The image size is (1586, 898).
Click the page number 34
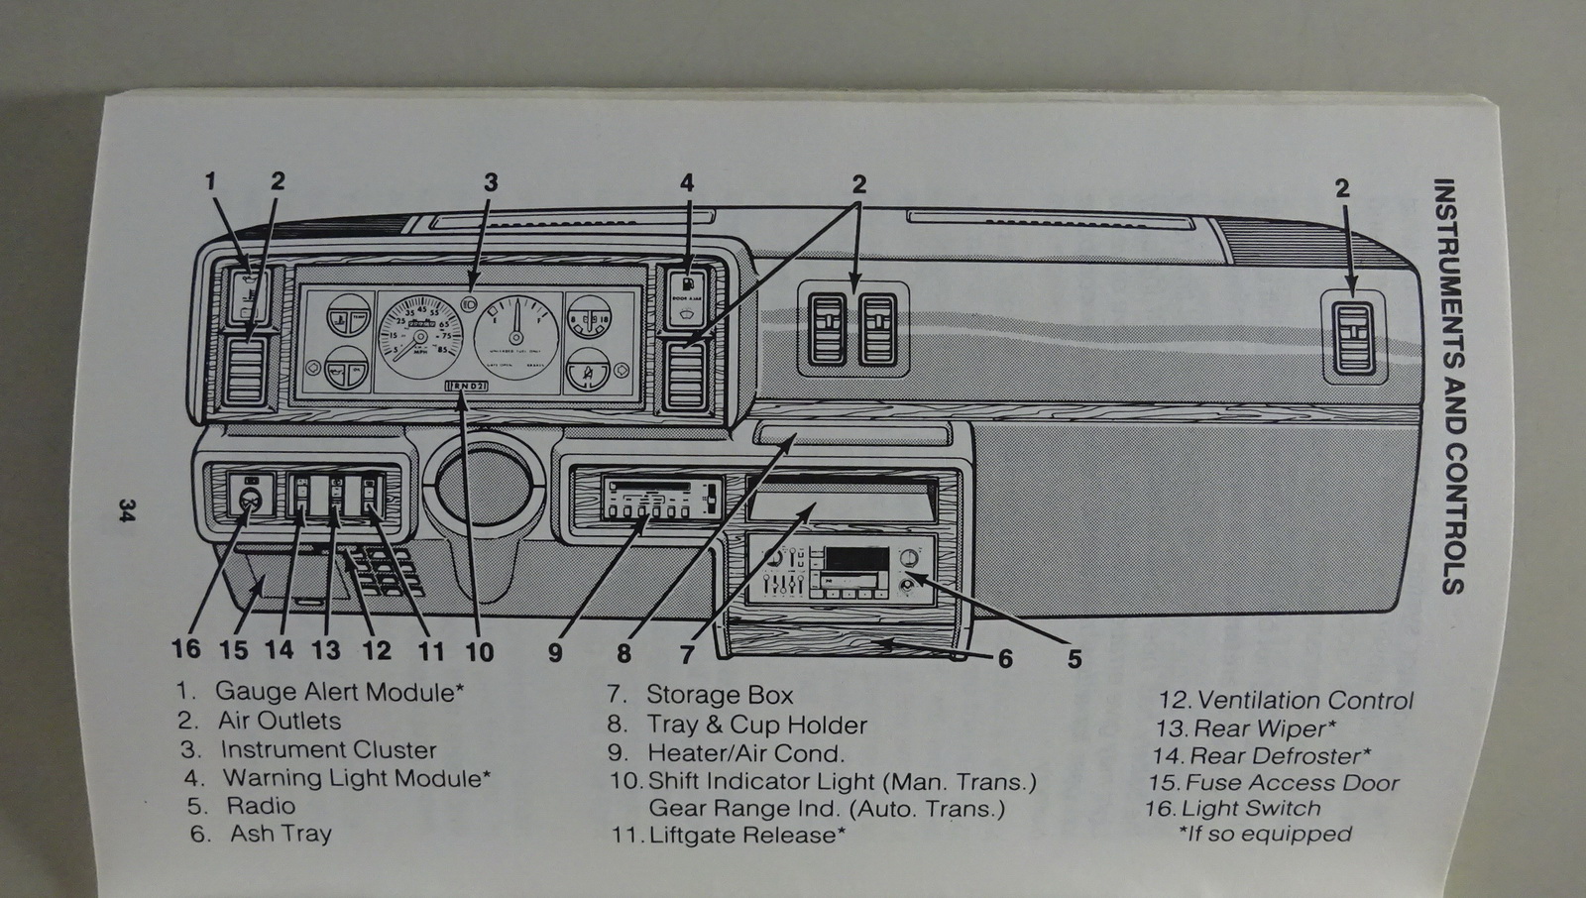coord(126,511)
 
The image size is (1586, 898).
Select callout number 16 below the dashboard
coord(185,650)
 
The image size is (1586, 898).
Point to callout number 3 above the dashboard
coord(491,182)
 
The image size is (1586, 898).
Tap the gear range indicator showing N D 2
coord(467,386)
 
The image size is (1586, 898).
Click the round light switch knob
coord(247,498)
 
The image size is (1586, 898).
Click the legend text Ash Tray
coord(281,834)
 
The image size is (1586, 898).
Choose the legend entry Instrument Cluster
coord(327,750)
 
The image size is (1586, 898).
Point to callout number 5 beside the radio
coord(1075,658)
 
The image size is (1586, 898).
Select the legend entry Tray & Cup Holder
coord(756,726)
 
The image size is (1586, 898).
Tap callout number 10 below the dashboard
coord(479,651)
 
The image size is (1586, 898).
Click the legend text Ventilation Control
coord(1305,701)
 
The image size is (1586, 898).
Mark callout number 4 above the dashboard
coord(687,182)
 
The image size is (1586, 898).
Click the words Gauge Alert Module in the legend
coord(334,691)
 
